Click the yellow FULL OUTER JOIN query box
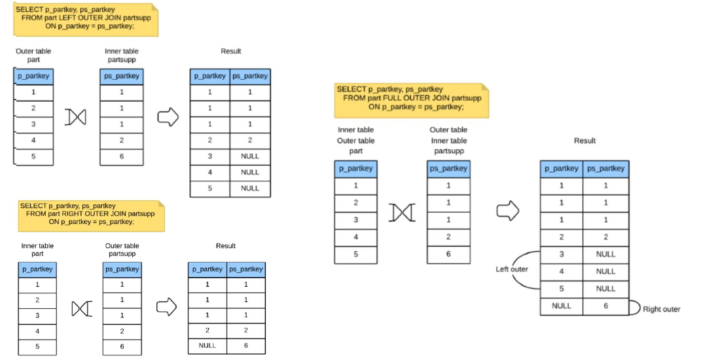411,98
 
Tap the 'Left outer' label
512,269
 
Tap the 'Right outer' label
661,309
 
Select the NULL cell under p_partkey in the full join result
562,306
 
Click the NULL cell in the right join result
207,346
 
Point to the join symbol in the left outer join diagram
76,117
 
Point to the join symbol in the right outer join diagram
80,308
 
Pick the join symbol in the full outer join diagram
401,212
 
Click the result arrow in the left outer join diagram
168,117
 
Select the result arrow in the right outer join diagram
167,306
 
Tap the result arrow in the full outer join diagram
508,211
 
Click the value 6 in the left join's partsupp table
122,156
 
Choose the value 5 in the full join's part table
356,254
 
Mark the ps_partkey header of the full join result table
605,168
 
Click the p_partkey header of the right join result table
207,269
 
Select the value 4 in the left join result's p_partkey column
209,172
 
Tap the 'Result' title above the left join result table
230,51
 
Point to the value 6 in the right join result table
246,346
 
